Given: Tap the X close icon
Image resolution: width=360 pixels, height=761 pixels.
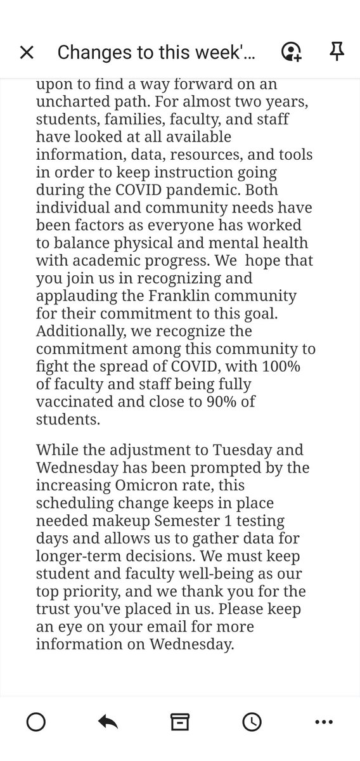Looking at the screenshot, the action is [x=27, y=53].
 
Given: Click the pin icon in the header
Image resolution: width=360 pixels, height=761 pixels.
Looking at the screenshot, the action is [x=335, y=52].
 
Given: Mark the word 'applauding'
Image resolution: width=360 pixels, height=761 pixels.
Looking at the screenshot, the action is [x=74, y=296].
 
